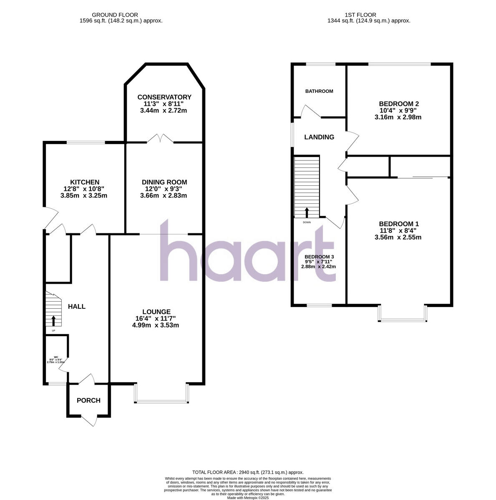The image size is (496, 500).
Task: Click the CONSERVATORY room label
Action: point(164,97)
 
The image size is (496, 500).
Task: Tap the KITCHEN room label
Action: point(84,182)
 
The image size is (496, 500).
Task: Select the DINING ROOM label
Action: point(164,182)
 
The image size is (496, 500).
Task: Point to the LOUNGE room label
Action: point(156,312)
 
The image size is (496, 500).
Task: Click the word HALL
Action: point(77,307)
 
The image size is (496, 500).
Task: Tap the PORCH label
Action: point(88,400)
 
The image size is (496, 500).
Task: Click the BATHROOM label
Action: point(319,91)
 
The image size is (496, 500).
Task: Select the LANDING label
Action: point(319,137)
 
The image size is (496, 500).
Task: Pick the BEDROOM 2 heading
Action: point(398,104)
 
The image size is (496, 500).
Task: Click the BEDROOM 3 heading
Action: point(319,257)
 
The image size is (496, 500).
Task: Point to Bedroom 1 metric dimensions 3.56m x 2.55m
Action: point(398,237)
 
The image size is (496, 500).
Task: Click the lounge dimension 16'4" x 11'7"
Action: point(156,318)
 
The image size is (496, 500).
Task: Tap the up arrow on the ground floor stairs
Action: point(53,320)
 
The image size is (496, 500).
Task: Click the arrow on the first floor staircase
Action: point(307,212)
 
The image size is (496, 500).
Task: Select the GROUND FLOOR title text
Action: point(121,15)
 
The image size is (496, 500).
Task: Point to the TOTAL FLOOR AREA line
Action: point(248,472)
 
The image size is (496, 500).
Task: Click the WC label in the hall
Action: point(56,357)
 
